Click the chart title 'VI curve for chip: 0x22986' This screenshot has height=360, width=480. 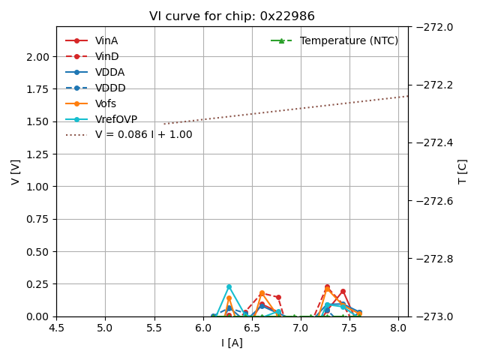(x=232, y=16)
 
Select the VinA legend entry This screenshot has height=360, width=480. (x=106, y=40)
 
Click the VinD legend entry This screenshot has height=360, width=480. (x=106, y=56)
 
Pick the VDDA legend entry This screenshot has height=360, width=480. (x=109, y=72)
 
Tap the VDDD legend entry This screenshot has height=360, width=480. (x=110, y=88)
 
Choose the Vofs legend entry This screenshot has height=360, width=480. (x=106, y=103)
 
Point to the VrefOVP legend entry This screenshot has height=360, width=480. (x=116, y=119)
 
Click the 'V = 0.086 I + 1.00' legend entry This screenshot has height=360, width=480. (x=143, y=135)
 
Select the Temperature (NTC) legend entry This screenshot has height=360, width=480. (x=349, y=40)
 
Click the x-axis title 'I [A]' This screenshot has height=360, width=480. (x=232, y=343)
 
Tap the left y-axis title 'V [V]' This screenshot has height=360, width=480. (x=16, y=172)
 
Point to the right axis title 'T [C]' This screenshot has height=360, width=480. (x=463, y=172)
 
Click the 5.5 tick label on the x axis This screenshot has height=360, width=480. (x=154, y=328)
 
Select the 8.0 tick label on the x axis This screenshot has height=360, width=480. (x=398, y=328)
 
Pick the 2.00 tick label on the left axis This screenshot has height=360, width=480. (x=37, y=57)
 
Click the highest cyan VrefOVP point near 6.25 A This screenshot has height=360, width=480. (x=229, y=286)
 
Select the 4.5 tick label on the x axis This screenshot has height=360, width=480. (x=56, y=328)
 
